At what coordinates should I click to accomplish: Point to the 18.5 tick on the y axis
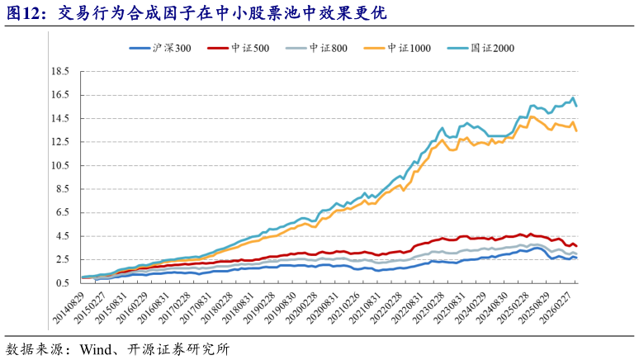tap(59, 72)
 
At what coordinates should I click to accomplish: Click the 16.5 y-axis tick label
tap(59, 95)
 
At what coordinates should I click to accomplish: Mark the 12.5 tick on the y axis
tap(59, 142)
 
